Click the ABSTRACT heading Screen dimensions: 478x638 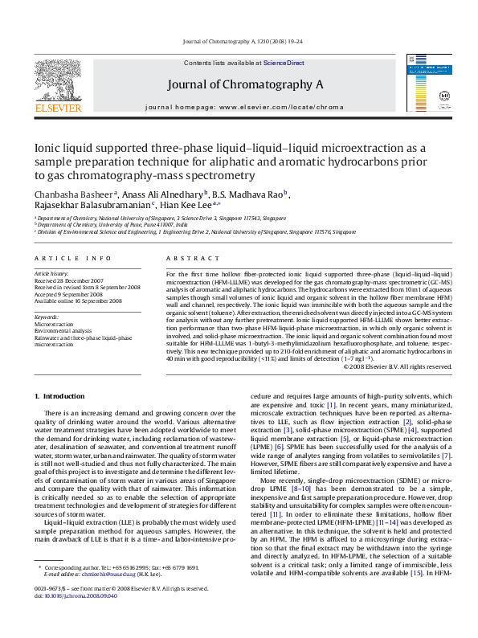[x=187, y=257]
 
